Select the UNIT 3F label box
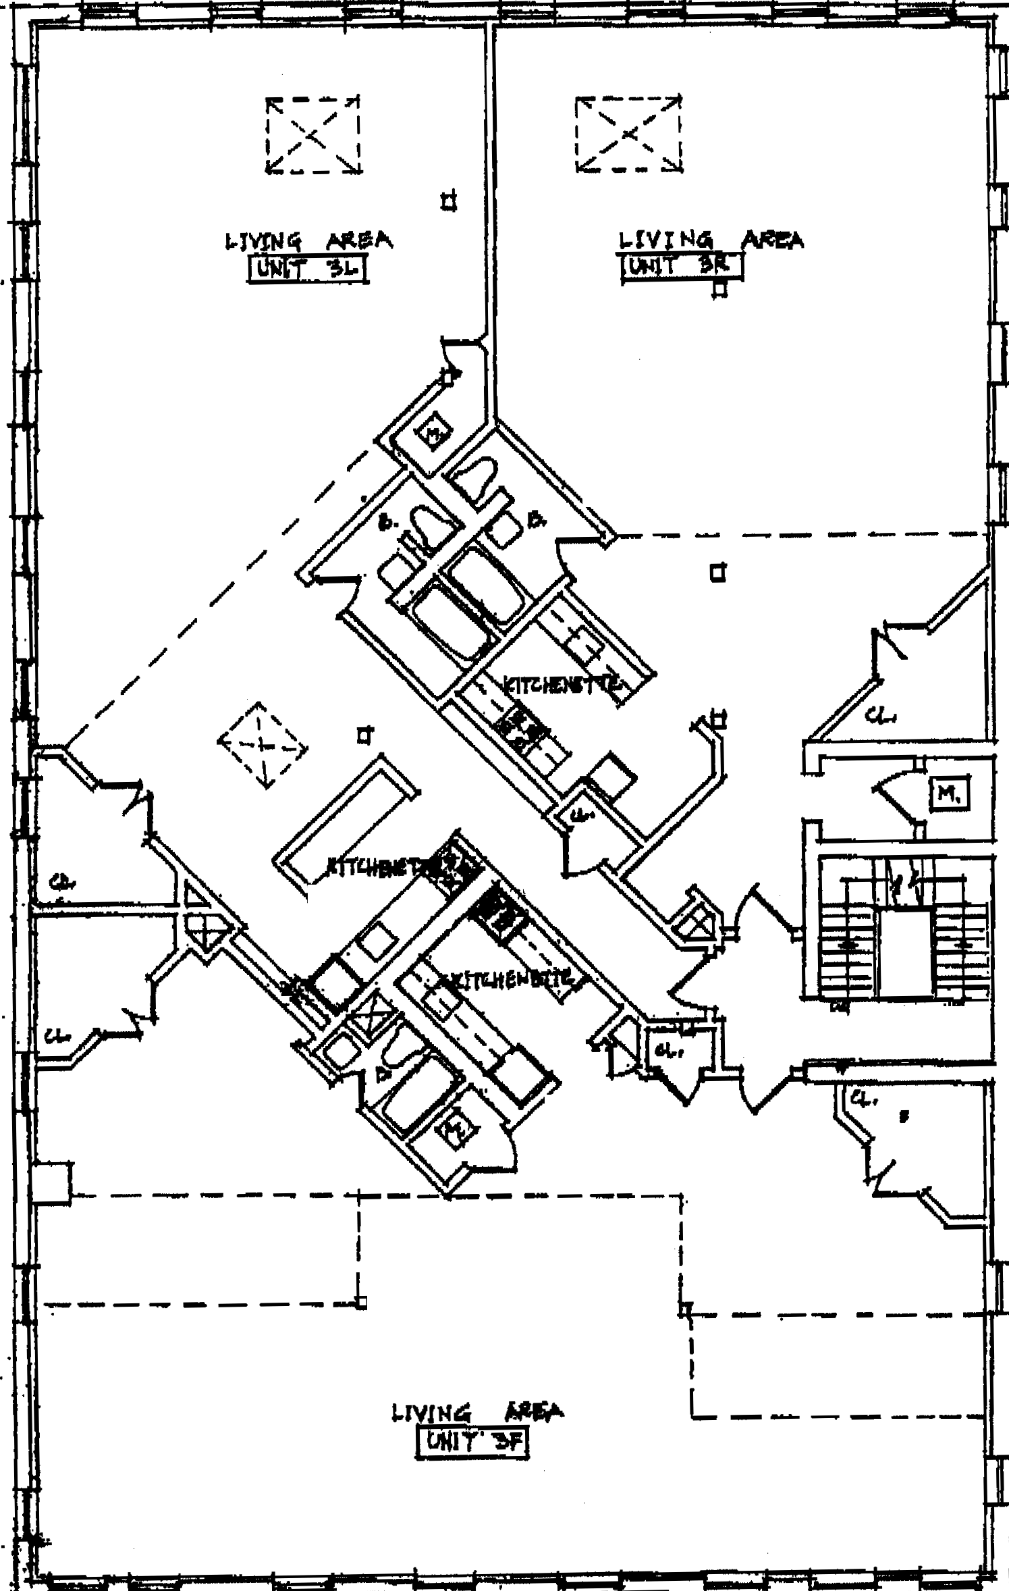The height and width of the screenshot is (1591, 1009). tap(471, 1442)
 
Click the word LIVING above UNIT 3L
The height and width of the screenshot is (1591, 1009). tap(263, 241)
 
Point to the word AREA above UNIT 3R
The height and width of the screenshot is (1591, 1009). tap(773, 240)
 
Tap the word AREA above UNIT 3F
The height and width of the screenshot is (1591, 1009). tap(534, 1411)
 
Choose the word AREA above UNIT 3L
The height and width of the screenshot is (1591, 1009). tap(359, 240)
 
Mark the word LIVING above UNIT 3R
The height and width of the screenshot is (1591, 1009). tap(665, 240)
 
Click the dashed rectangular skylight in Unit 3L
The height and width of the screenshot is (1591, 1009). tap(312, 135)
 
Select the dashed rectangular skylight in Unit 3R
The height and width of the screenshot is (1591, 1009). tap(629, 134)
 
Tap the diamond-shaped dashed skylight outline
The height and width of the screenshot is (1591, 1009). tap(262, 744)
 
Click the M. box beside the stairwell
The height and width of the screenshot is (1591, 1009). tap(949, 795)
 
